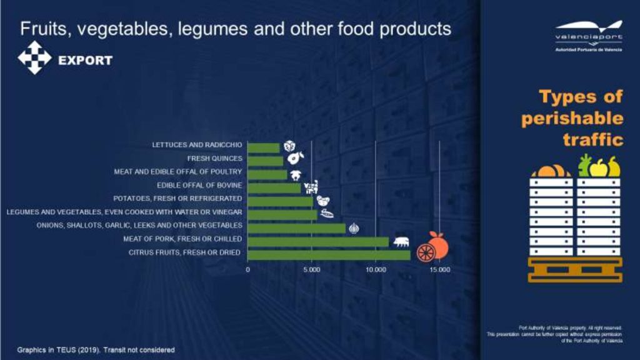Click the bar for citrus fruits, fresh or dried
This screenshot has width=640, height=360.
point(329,254)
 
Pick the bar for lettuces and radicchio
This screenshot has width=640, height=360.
point(263,147)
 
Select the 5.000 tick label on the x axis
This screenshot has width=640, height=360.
point(312,270)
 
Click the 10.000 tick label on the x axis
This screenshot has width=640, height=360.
point(376,270)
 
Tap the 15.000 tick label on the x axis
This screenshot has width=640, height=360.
point(439,270)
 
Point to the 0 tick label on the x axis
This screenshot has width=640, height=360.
point(248,270)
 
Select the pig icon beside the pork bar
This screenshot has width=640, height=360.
point(401,241)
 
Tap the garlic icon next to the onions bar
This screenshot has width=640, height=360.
point(354,228)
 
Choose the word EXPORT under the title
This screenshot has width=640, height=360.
point(85,61)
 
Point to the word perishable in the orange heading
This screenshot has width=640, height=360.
point(572,118)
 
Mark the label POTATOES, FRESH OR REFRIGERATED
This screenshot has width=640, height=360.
point(182,198)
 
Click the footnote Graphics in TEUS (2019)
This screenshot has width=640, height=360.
point(59,349)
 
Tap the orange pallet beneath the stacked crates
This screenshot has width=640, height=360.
point(575,269)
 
